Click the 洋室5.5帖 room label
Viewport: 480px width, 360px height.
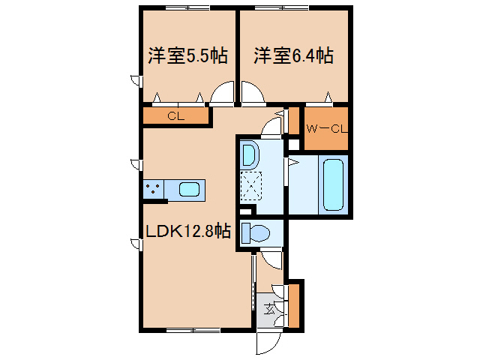coord(187,56)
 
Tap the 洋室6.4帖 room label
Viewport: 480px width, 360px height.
coord(293,56)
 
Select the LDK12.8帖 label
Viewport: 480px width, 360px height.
coord(187,232)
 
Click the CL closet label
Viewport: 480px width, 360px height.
coord(175,115)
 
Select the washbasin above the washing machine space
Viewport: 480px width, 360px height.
coord(250,156)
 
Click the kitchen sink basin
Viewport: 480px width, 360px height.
coord(190,190)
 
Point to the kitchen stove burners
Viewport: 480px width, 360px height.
coord(154,190)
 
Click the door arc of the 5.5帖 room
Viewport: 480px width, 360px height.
coord(222,95)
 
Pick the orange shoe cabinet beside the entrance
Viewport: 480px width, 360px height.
coord(294,304)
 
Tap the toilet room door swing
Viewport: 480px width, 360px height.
coord(271,257)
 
